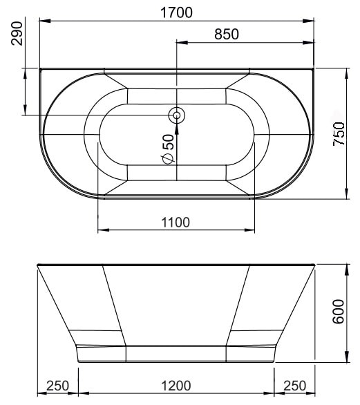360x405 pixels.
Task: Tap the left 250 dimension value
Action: [58, 386]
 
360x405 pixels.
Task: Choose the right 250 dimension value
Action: [295, 386]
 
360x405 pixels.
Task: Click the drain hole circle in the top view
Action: [177, 115]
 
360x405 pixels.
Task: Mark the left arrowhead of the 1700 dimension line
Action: [44, 21]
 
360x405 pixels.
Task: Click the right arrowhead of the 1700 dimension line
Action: [310, 21]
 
